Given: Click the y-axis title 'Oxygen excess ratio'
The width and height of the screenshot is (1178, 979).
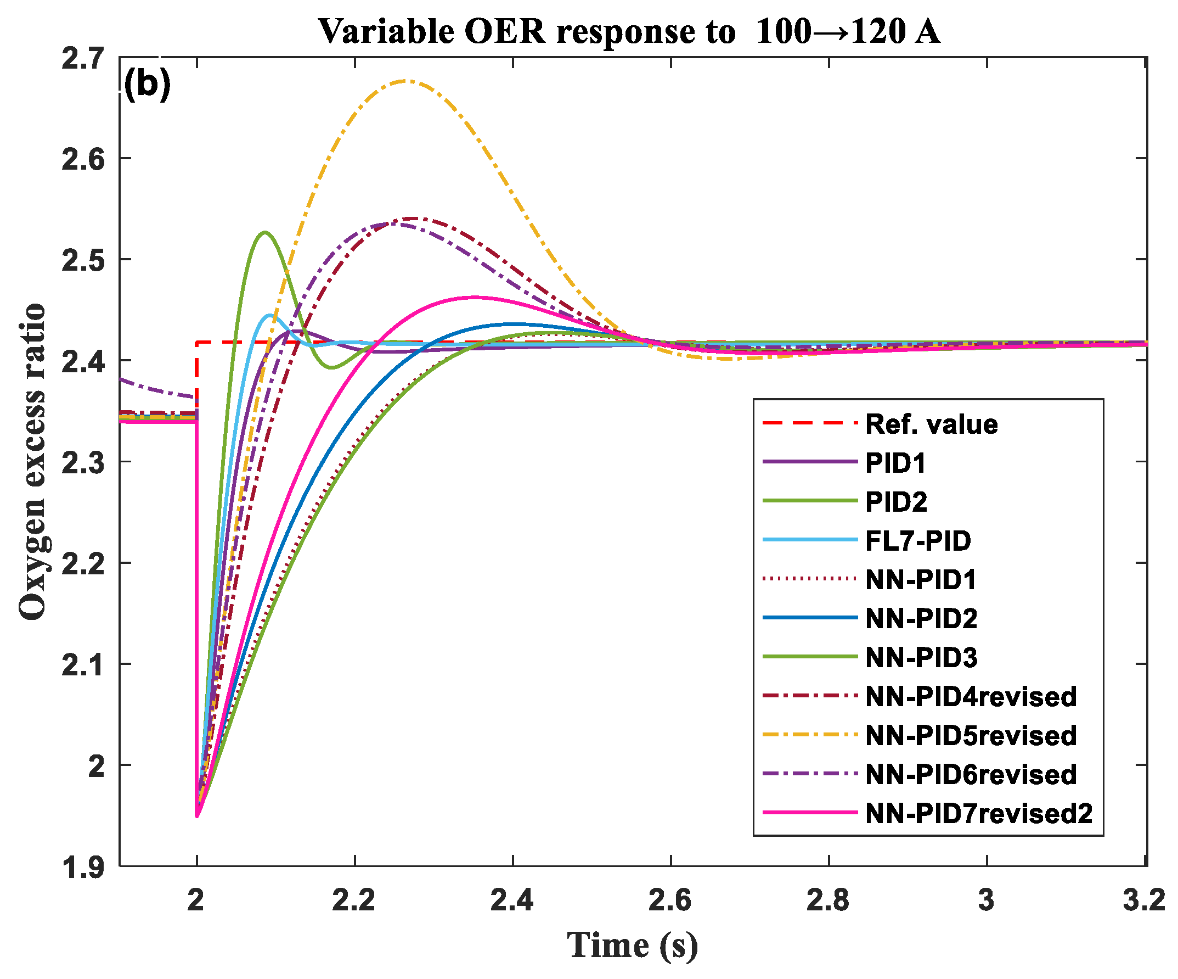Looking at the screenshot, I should tap(32, 461).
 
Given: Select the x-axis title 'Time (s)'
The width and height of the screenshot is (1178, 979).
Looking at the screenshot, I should tap(632, 945).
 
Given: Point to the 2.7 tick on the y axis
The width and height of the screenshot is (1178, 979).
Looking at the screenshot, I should tap(82, 58).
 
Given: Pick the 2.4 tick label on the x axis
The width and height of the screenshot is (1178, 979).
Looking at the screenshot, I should tap(511, 900).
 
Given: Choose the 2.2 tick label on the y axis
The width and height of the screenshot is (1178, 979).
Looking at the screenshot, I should tap(82, 563).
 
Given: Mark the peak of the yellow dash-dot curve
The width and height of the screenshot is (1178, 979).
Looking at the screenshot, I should tap(407, 80).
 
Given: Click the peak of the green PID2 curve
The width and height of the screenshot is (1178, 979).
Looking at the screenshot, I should tap(264, 232).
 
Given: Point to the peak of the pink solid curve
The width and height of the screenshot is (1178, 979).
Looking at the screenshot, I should tap(476, 297).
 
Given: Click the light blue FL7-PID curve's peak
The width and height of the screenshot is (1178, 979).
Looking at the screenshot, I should tap(270, 315).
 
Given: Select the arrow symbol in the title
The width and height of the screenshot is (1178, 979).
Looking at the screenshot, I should tap(831, 32).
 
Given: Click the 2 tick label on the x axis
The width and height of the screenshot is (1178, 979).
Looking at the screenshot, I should tap(196, 900).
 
